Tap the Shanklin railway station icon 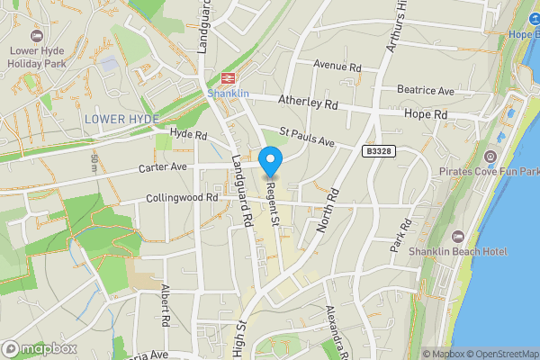pyautogui.click(x=226, y=77)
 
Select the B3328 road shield pyautogui.click(x=380, y=153)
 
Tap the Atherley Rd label pyautogui.click(x=307, y=104)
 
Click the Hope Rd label pyautogui.click(x=427, y=115)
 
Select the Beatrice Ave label pyautogui.click(x=426, y=91)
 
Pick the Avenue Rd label pyautogui.click(x=337, y=67)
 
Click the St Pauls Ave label pyautogui.click(x=306, y=138)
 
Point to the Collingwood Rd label pyautogui.click(x=182, y=198)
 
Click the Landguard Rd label pyautogui.click(x=240, y=190)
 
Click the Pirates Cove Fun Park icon pyautogui.click(x=490, y=157)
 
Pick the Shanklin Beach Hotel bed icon pyautogui.click(x=458, y=236)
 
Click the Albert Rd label pyautogui.click(x=165, y=305)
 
